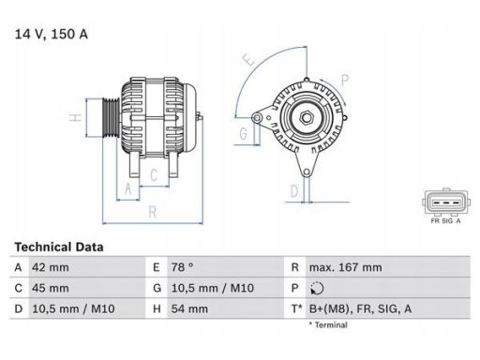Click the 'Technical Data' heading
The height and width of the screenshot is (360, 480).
click(x=58, y=247)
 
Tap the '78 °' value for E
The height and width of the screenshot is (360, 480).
click(x=182, y=266)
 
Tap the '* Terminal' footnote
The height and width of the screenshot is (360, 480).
click(x=328, y=324)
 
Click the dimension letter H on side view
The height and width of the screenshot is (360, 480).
click(x=74, y=119)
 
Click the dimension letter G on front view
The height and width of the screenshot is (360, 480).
click(x=243, y=133)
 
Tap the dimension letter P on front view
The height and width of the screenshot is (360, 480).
click(x=345, y=80)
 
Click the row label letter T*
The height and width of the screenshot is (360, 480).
click(x=295, y=307)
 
